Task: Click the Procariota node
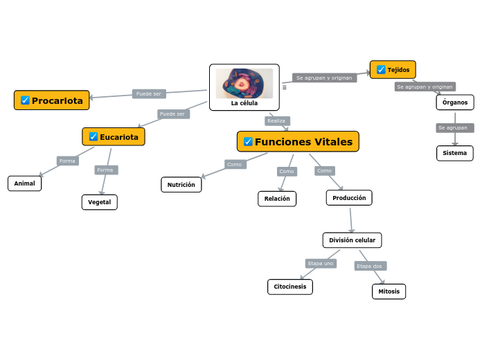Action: (52, 100)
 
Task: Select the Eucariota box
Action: (114, 137)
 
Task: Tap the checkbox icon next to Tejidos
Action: (381, 70)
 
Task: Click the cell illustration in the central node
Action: (244, 83)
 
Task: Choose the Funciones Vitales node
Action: (298, 142)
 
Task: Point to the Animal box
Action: (24, 183)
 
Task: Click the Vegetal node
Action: (100, 202)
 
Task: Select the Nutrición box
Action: (181, 185)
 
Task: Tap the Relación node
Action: (277, 199)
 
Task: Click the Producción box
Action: (349, 198)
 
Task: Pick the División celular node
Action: (352, 240)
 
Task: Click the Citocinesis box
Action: (290, 287)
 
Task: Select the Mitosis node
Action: (389, 291)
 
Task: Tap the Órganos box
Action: (455, 102)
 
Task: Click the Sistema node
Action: (455, 153)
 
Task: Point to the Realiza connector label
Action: (276, 121)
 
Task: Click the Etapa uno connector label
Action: (321, 263)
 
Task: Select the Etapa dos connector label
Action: (370, 266)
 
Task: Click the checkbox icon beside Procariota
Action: (25, 100)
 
